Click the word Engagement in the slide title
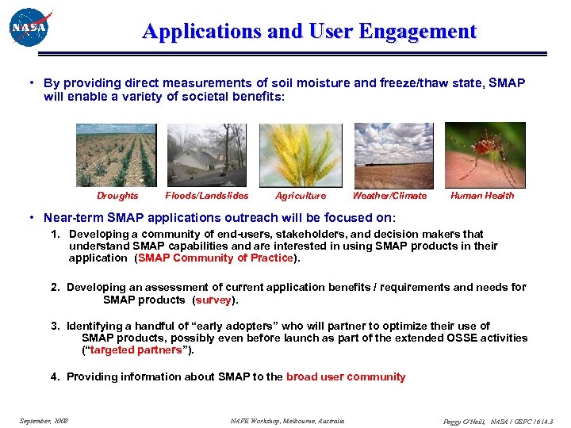point(417,32)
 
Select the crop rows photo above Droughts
point(116,155)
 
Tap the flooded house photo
point(206,155)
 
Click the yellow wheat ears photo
point(301,155)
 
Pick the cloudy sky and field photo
point(393,155)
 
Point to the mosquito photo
point(485,155)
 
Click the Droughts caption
point(117,196)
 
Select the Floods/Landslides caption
point(206,196)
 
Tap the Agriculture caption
point(301,196)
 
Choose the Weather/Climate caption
point(389,196)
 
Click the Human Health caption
point(482,196)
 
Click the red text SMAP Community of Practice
point(216,258)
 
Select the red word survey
point(213,300)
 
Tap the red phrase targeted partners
point(137,350)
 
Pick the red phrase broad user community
point(346,377)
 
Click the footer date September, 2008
point(44,420)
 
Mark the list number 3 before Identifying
point(55,326)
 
